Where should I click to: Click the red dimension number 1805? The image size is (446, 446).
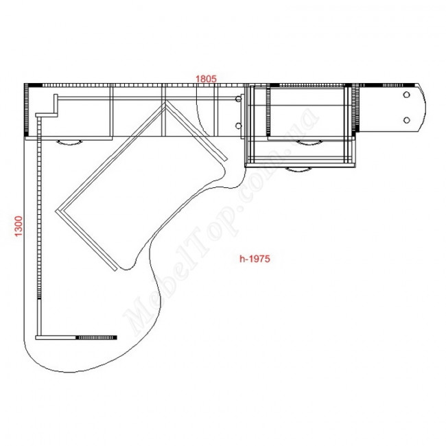[206, 78]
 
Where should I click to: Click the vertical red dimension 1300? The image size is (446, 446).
[19, 226]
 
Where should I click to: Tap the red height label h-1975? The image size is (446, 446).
[255, 259]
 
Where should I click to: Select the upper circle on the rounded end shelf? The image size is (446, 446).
[406, 95]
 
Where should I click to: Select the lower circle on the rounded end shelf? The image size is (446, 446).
[406, 120]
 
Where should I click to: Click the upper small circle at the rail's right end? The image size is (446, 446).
[238, 99]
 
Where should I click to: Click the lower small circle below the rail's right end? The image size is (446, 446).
[238, 126]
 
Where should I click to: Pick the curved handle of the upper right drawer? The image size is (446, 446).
[309, 143]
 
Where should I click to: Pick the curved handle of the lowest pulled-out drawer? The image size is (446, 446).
[298, 170]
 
